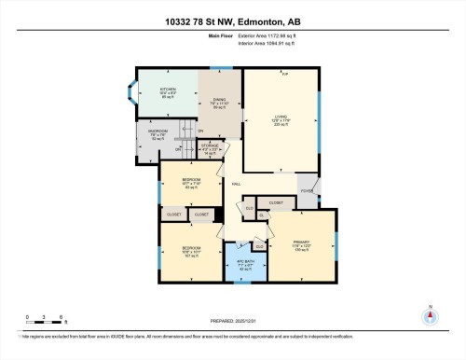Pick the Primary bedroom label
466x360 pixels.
click(300, 245)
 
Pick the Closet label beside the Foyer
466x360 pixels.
click(276, 201)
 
